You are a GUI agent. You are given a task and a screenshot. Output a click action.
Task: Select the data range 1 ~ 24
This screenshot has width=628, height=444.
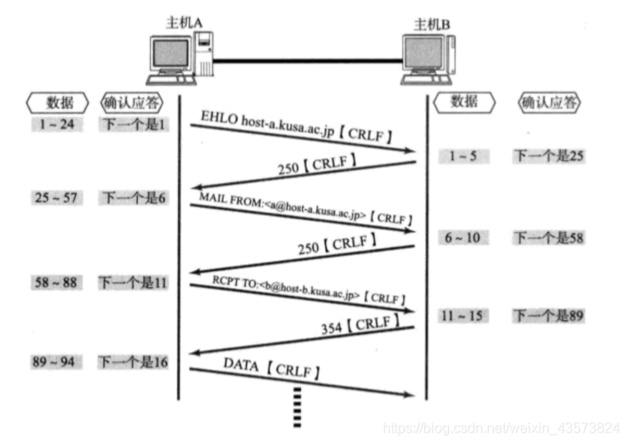56,126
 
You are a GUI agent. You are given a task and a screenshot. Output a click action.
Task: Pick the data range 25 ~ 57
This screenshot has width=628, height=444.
57,198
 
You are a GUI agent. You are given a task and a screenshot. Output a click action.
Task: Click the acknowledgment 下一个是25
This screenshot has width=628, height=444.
547,156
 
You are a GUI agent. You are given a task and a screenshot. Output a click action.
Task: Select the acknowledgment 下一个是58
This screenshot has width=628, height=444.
547,237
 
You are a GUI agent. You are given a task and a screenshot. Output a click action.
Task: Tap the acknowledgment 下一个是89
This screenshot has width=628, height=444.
547,315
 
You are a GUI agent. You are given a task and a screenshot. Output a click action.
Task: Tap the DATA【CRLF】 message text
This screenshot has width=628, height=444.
271,366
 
